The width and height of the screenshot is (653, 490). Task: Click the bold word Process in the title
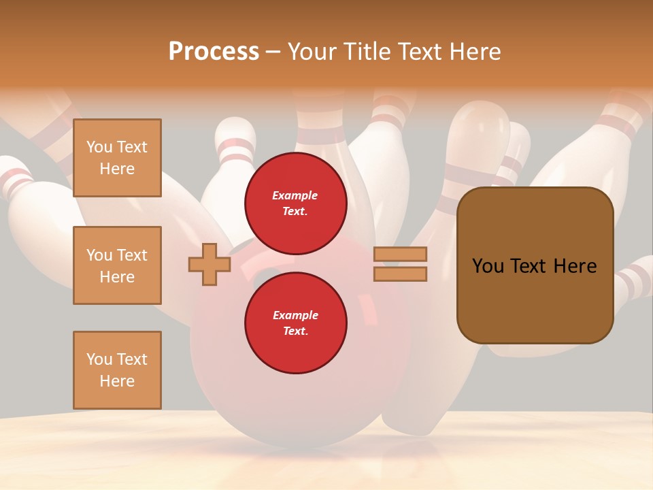[214, 52]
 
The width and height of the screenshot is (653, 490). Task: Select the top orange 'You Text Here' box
[117, 158]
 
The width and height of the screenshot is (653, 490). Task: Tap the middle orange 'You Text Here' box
[117, 265]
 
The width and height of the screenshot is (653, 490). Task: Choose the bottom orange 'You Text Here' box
[117, 370]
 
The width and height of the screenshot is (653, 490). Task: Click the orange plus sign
[209, 264]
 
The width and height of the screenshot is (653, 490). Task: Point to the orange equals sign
[400, 264]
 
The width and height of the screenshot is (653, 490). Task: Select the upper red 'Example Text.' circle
[296, 203]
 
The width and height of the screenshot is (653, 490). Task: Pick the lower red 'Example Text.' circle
[296, 323]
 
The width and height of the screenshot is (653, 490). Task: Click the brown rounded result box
[535, 265]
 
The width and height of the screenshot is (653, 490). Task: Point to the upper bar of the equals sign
[400, 254]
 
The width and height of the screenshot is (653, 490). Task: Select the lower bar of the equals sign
[400, 274]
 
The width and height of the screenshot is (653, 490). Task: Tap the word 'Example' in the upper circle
[295, 196]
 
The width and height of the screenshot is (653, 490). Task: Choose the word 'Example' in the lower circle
[295, 316]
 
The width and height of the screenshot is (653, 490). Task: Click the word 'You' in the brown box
[488, 266]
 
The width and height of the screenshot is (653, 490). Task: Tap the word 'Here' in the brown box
[575, 266]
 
